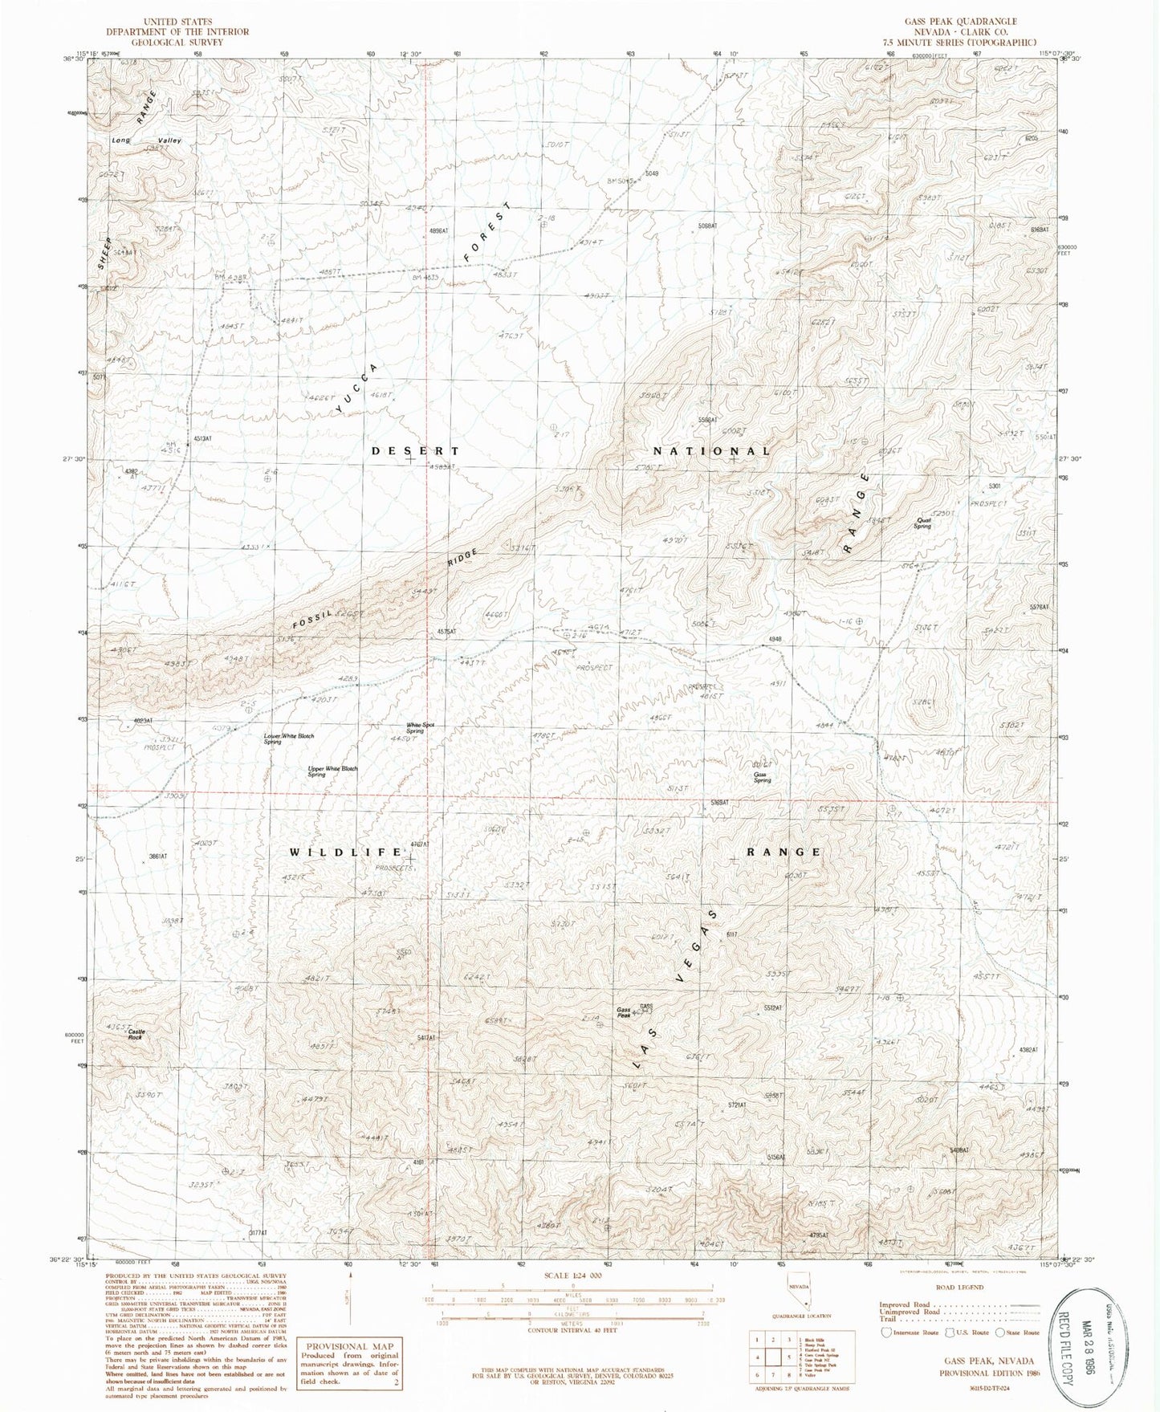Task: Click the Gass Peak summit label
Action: coord(623,1012)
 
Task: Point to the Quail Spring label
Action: coord(922,523)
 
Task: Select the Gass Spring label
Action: coord(761,777)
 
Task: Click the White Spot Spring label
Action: coord(414,728)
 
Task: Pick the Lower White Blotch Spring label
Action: coord(288,739)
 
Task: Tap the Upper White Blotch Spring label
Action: coord(332,771)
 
